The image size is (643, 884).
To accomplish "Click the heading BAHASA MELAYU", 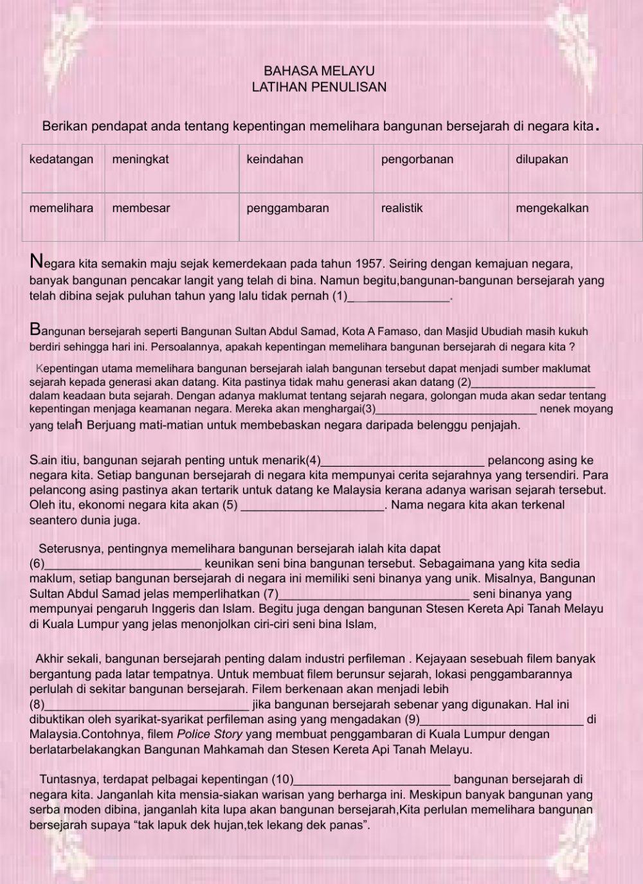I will (319, 71).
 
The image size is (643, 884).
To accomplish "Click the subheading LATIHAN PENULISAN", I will (319, 87).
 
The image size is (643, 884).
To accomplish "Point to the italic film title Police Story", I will (210, 734).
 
